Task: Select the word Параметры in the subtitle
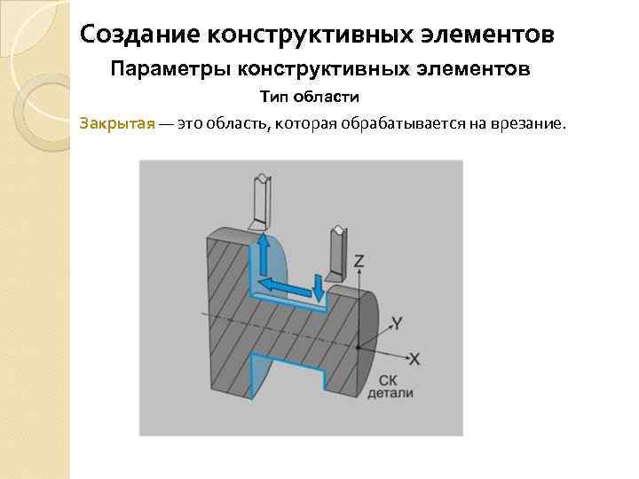pyautogui.click(x=162, y=68)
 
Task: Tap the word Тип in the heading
pyautogui.click(x=273, y=96)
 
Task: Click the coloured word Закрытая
pyautogui.click(x=117, y=123)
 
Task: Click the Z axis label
pyautogui.click(x=359, y=262)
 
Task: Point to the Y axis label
pyautogui.click(x=398, y=324)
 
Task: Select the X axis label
pyautogui.click(x=414, y=359)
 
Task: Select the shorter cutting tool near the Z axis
pyautogui.click(x=337, y=252)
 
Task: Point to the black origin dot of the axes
pyautogui.click(x=358, y=348)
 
